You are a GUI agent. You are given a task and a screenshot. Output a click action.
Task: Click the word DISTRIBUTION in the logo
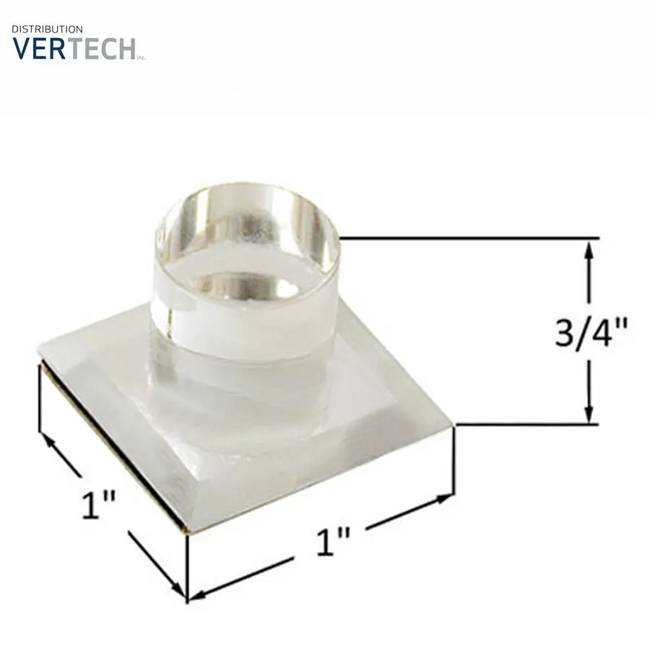(x=47, y=29)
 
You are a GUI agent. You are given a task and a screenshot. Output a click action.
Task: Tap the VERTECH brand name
(x=74, y=48)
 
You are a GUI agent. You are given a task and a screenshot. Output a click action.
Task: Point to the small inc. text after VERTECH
(x=142, y=58)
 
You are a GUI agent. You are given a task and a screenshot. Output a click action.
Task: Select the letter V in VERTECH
(x=23, y=48)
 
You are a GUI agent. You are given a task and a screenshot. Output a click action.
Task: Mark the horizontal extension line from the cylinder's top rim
(x=469, y=238)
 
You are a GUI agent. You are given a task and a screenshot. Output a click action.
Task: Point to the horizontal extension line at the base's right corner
(x=527, y=425)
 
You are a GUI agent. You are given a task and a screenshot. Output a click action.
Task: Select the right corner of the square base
(x=453, y=426)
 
